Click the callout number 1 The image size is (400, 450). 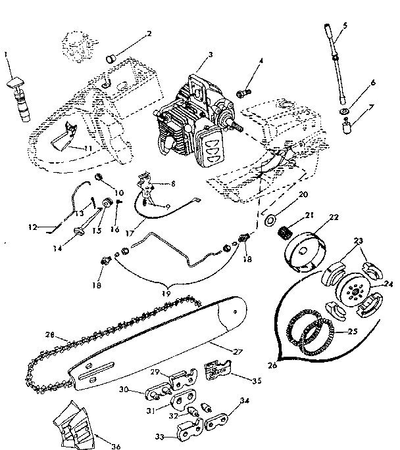pyautogui.click(x=6, y=53)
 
